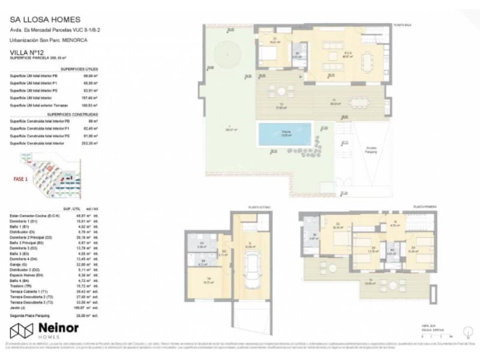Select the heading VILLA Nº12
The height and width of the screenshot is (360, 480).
tap(28, 53)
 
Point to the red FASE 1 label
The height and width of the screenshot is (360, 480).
tap(22, 178)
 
